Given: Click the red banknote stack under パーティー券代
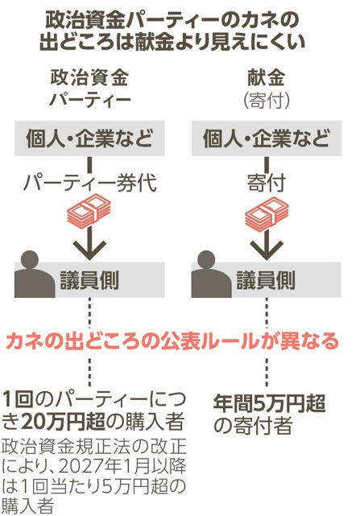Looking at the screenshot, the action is (89, 213).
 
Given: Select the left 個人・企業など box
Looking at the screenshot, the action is (89, 138).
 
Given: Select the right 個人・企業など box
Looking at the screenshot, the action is (267, 138).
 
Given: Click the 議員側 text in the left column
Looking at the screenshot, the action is (89, 280).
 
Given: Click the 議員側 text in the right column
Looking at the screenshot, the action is (266, 280).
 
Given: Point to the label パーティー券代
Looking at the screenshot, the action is (89, 182).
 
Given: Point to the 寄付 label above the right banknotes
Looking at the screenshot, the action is (267, 182).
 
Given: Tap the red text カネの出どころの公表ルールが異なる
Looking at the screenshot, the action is (172, 341).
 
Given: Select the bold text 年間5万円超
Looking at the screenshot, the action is (270, 403).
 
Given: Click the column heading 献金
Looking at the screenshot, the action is (266, 78).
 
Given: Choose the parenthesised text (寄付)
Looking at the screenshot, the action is (267, 100).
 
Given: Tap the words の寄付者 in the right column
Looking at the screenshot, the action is (253, 425).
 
